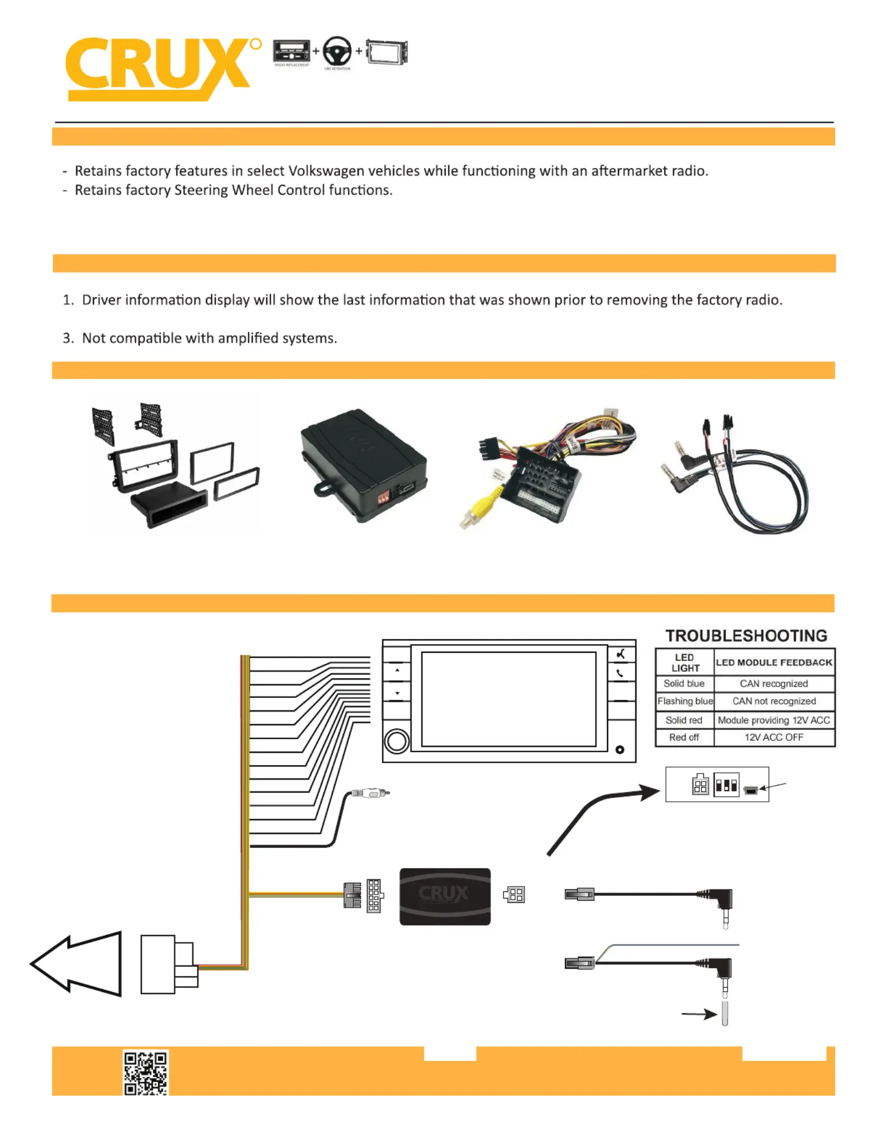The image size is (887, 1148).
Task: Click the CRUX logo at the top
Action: (x=158, y=68)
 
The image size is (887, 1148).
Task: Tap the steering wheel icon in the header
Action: (x=337, y=52)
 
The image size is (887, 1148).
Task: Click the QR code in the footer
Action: (x=145, y=1072)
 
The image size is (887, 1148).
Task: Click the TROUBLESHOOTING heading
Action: (x=746, y=635)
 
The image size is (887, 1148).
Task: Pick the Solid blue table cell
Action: (x=684, y=683)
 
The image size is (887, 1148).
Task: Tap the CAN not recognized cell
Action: (x=774, y=701)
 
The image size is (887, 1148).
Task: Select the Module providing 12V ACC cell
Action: (x=774, y=720)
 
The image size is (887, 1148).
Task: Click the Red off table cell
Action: (x=684, y=738)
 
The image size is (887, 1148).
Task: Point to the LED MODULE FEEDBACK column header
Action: (x=774, y=662)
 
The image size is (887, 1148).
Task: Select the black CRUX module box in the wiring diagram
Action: (x=445, y=896)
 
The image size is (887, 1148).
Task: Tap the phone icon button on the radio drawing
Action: (x=620, y=673)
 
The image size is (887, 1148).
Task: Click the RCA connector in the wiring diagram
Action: (x=371, y=793)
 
